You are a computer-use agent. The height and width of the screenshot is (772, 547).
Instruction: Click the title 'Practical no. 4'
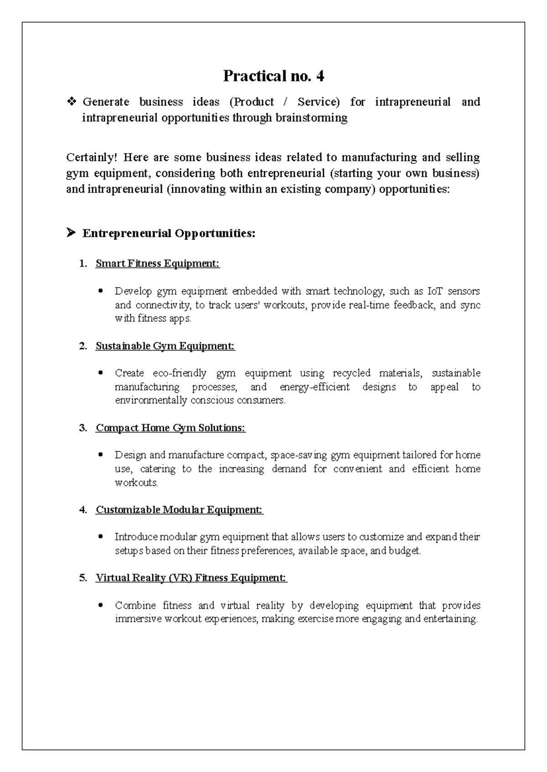[x=273, y=76]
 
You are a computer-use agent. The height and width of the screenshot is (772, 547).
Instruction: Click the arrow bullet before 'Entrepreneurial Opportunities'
[x=71, y=234]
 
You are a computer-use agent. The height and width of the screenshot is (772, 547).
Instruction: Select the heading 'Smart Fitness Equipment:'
[x=158, y=264]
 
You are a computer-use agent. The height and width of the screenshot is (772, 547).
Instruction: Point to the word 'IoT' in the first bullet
[x=434, y=291]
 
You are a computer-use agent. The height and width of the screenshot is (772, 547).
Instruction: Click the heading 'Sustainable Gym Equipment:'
[x=165, y=346]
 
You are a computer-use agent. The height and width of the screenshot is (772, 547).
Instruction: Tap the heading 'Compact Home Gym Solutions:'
[x=170, y=428]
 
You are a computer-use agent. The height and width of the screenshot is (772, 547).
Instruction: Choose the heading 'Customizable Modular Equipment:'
[x=180, y=510]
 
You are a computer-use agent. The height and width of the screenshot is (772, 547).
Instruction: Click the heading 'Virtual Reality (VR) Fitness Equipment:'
[x=191, y=578]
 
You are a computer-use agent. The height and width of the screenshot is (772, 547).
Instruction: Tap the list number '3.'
[x=83, y=428]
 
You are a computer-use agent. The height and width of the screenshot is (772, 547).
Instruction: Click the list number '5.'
[x=83, y=578]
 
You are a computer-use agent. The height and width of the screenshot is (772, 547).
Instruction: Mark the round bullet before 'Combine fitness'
[x=101, y=605]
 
